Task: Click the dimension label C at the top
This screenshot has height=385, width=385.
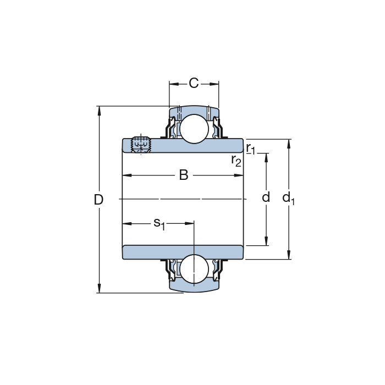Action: click(x=194, y=83)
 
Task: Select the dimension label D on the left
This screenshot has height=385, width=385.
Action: click(x=98, y=200)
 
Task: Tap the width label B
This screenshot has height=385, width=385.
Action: click(x=184, y=175)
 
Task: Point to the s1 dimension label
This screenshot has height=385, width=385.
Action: click(x=159, y=224)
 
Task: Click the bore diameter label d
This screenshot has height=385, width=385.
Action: click(x=266, y=197)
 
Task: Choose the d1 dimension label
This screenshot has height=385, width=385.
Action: click(x=289, y=198)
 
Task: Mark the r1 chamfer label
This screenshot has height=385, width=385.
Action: click(x=251, y=148)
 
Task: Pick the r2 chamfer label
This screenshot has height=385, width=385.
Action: click(x=236, y=161)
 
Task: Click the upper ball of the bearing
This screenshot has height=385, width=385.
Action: click(x=194, y=129)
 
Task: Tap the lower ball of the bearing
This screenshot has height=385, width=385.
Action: click(x=194, y=269)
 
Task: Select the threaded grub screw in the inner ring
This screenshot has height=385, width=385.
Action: click(x=141, y=145)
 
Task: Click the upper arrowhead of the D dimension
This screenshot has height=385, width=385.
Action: click(x=99, y=111)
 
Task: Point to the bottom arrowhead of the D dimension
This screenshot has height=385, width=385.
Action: click(x=99, y=288)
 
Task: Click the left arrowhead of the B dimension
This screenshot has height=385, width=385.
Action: click(x=127, y=175)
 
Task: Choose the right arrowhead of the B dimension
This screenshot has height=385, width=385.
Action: click(x=239, y=175)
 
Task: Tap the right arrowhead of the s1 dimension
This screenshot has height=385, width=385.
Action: click(x=189, y=223)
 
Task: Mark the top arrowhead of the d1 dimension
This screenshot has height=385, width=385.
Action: click(x=289, y=144)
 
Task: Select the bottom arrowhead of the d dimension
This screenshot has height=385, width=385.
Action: click(x=266, y=241)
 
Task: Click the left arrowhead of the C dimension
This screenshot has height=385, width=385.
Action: click(x=174, y=84)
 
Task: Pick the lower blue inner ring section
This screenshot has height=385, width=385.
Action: click(x=183, y=252)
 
